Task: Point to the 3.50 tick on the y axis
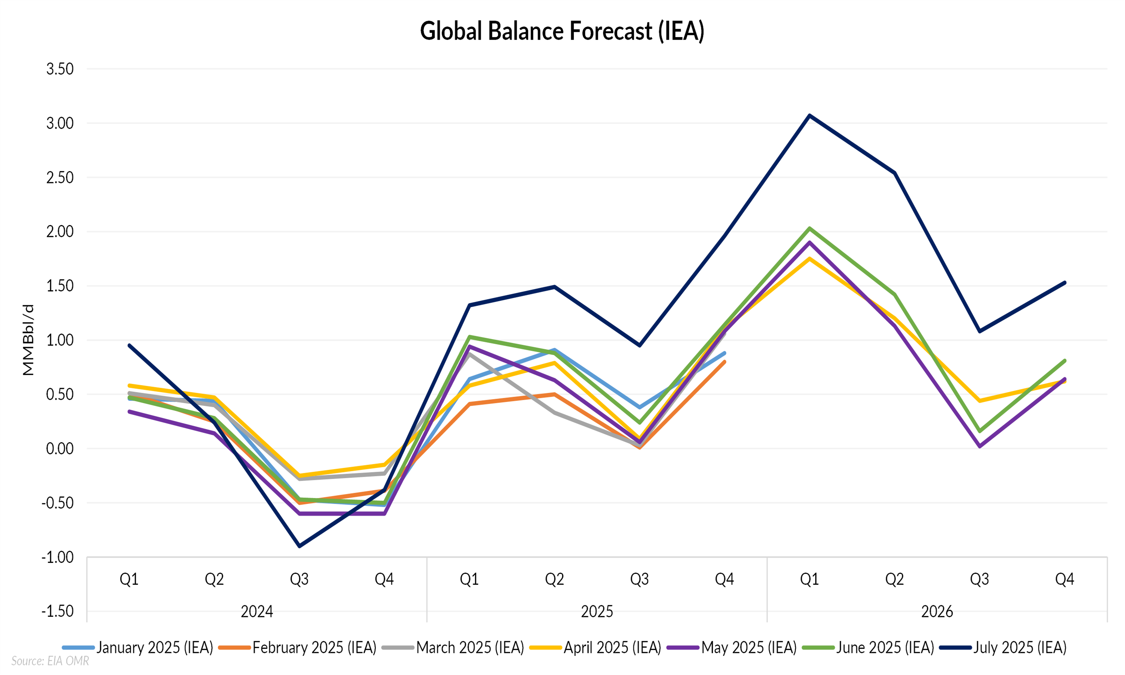pos(60,69)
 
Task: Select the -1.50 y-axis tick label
pos(57,611)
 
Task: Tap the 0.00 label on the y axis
pos(60,449)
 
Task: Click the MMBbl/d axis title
pos(28,340)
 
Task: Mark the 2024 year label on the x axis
pos(257,611)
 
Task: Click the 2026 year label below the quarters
pos(937,611)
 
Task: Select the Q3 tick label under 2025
pos(639,579)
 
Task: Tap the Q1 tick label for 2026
pos(809,579)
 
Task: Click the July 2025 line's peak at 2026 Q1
pos(809,115)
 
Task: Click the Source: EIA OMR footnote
pos(50,661)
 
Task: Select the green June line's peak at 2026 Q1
pos(809,228)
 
